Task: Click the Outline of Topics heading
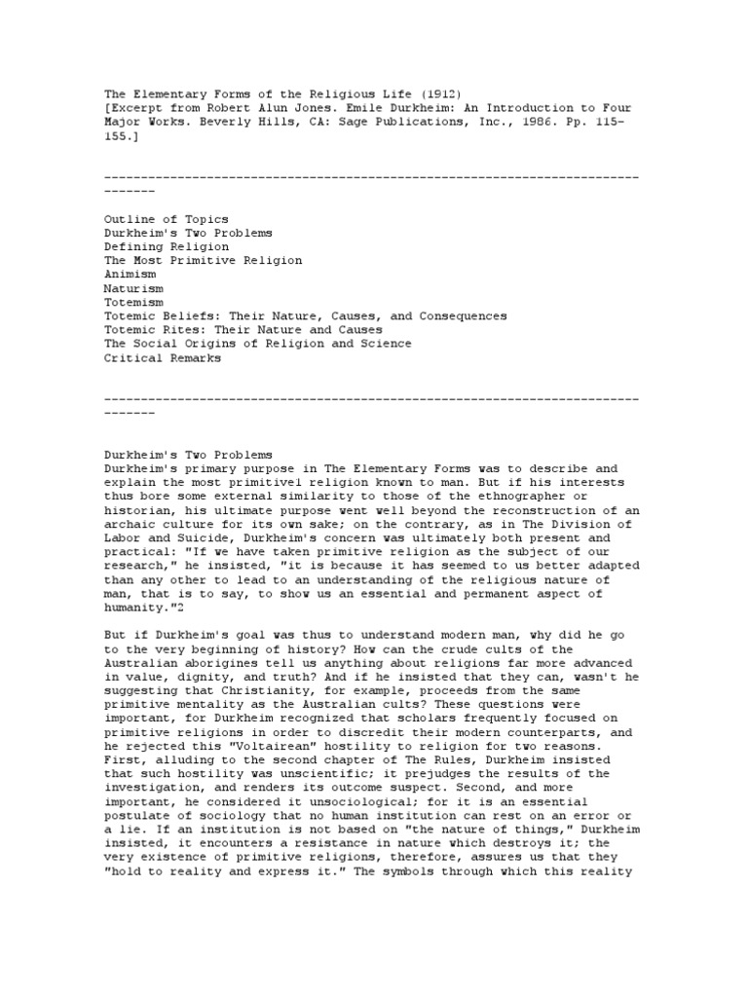(167, 219)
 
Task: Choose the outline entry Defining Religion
(167, 247)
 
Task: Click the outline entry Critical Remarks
(163, 357)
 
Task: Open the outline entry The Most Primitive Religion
(203, 261)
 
